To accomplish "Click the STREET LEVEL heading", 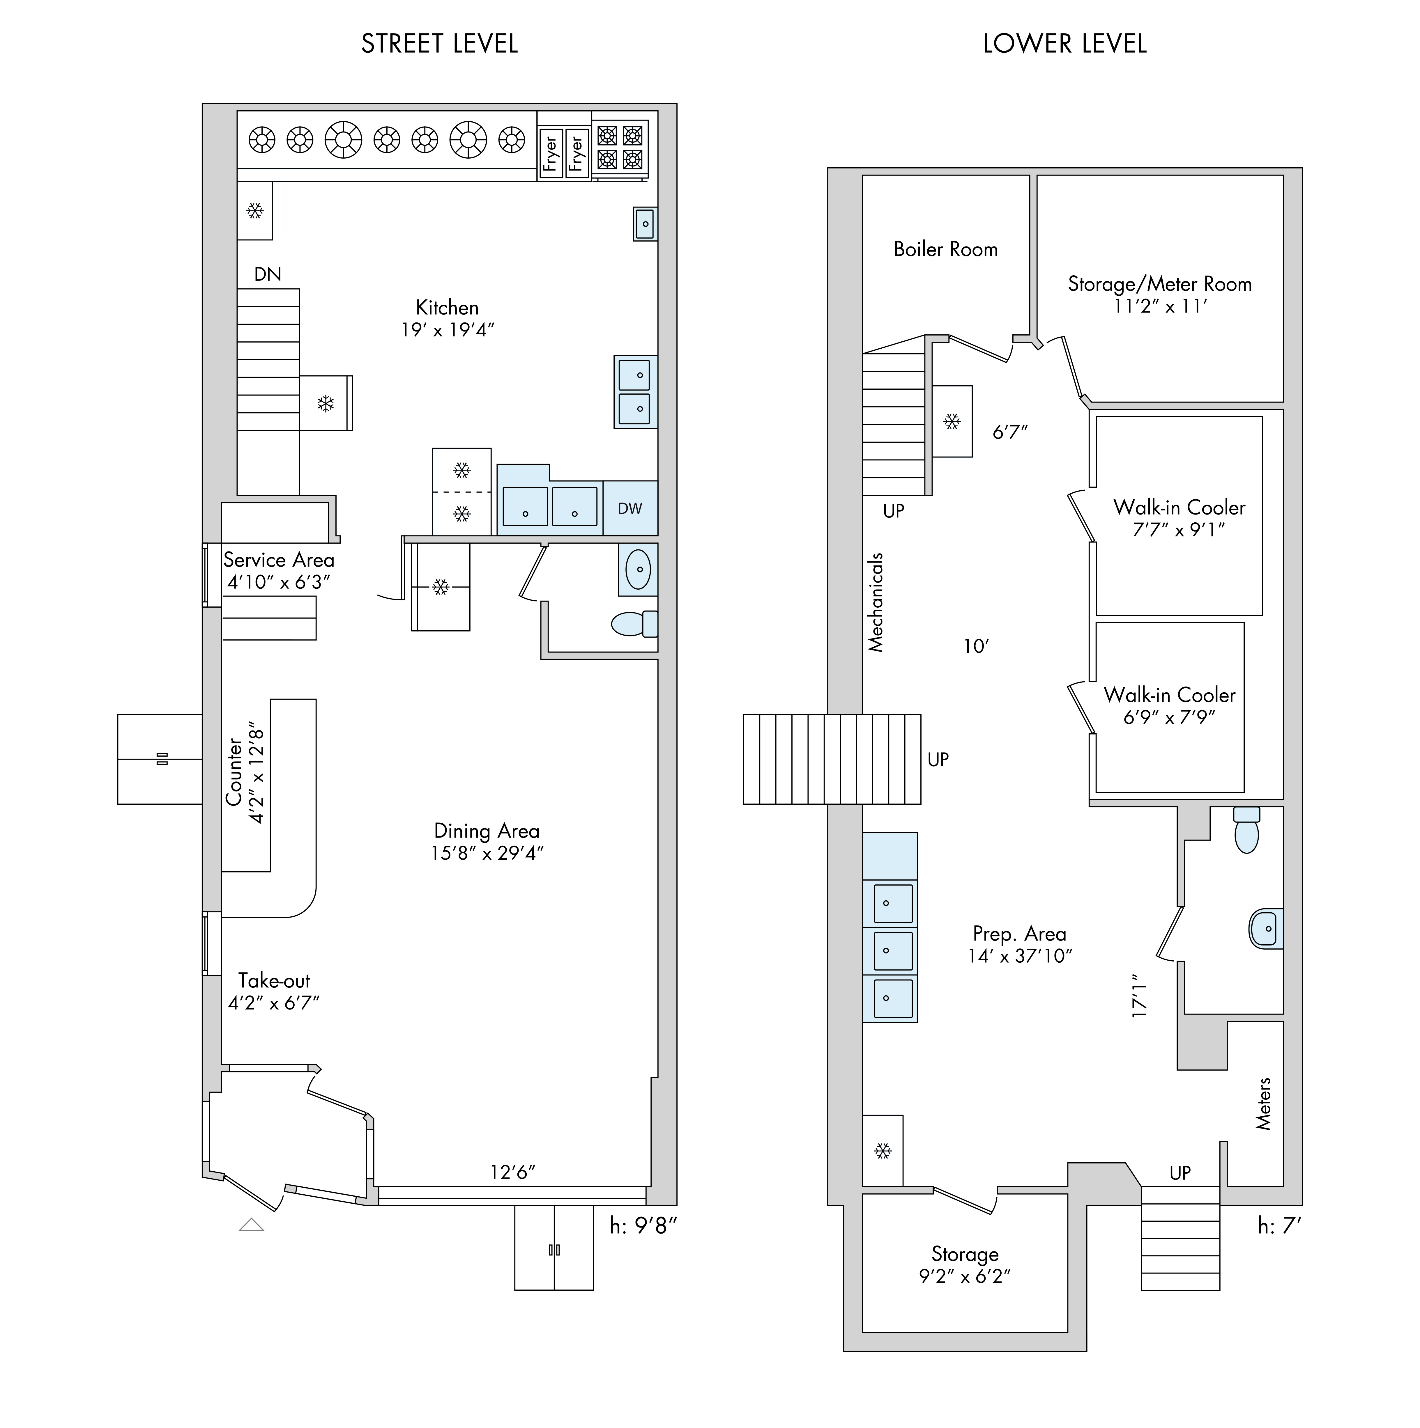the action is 439,44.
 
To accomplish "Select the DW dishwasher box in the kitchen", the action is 630,508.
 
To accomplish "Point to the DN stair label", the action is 268,274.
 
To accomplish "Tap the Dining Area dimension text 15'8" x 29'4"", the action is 487,853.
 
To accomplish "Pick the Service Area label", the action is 279,560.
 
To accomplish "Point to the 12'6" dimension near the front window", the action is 512,1172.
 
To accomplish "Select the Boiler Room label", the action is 946,249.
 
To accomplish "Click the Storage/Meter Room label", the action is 1160,284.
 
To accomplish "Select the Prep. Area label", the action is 1020,934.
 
